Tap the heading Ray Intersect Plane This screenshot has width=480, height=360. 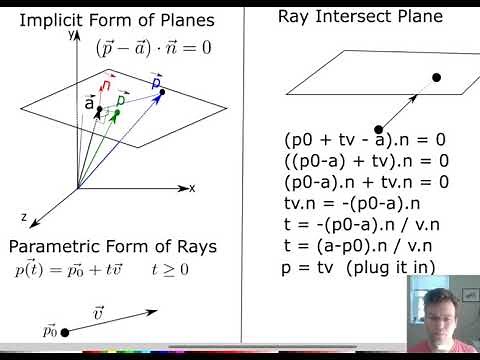(361, 16)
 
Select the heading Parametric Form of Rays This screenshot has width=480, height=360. (112, 246)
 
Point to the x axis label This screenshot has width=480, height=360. (191, 188)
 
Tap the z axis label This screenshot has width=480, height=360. (22, 216)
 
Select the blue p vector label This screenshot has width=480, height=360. (156, 81)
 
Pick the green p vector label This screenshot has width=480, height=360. (121, 100)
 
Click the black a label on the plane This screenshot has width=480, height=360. (89, 104)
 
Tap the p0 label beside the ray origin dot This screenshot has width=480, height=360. (50, 330)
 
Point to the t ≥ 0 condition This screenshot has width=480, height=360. (170, 270)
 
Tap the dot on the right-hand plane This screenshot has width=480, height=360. (435, 77)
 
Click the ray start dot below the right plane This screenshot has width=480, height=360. (379, 128)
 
